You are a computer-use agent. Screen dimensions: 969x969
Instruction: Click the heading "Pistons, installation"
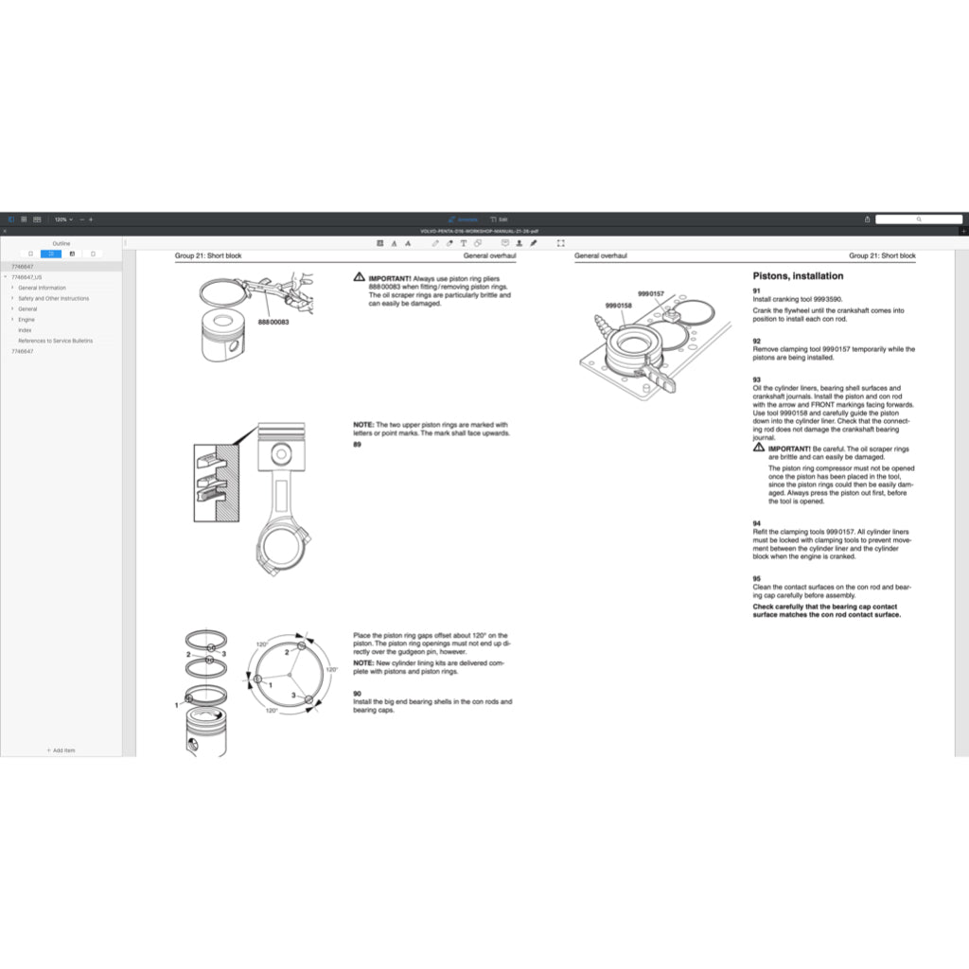pyautogui.click(x=798, y=276)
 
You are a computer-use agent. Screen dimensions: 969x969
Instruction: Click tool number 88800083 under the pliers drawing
pyautogui.click(x=273, y=323)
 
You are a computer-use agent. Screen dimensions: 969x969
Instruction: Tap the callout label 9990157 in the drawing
pyautogui.click(x=651, y=293)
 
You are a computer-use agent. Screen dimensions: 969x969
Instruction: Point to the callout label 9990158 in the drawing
pyautogui.click(x=618, y=305)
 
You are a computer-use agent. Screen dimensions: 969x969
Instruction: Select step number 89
pyautogui.click(x=358, y=444)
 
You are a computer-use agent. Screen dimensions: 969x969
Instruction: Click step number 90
pyautogui.click(x=358, y=694)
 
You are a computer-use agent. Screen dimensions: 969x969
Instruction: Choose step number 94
pyautogui.click(x=757, y=523)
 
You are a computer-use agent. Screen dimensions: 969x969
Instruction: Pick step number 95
pyautogui.click(x=757, y=577)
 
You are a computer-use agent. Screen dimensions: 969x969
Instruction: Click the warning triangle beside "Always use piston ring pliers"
pyautogui.click(x=360, y=278)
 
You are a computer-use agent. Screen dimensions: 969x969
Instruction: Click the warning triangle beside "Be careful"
pyautogui.click(x=759, y=449)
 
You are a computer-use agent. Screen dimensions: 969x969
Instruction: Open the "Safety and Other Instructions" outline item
pyautogui.click(x=54, y=298)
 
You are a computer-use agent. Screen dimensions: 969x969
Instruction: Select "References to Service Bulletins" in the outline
pyautogui.click(x=55, y=341)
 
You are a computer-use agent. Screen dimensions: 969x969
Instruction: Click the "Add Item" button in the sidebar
pyautogui.click(x=61, y=750)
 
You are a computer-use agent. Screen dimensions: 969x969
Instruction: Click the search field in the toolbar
pyautogui.click(x=918, y=219)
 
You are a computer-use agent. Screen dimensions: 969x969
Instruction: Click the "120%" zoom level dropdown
pyautogui.click(x=62, y=219)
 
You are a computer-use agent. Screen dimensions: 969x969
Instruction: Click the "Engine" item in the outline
pyautogui.click(x=26, y=320)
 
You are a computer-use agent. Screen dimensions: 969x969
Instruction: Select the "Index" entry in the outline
pyautogui.click(x=25, y=330)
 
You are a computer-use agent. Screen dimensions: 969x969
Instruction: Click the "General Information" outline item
pyautogui.click(x=43, y=288)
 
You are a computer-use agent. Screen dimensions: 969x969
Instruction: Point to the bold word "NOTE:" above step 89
pyautogui.click(x=363, y=425)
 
